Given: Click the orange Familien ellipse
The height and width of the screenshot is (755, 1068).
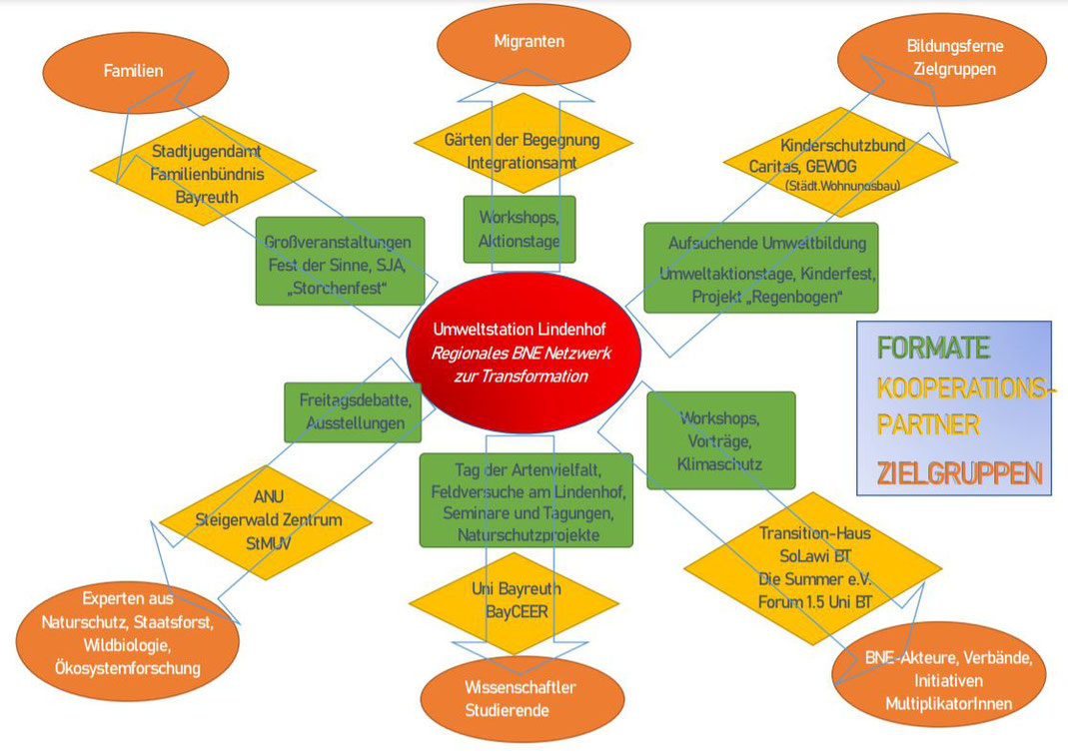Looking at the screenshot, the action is pyautogui.click(x=136, y=72).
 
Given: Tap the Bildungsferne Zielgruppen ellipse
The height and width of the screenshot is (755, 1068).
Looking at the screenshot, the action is pyautogui.click(x=942, y=59).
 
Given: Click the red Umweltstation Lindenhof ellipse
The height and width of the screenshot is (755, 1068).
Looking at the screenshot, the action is pyautogui.click(x=524, y=352).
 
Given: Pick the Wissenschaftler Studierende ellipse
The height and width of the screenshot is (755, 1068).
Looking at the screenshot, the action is pyautogui.click(x=523, y=698).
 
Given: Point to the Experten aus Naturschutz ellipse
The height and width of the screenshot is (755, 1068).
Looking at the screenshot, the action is pyautogui.click(x=127, y=640).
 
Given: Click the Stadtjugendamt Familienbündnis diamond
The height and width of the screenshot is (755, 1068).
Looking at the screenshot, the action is pyautogui.click(x=203, y=170).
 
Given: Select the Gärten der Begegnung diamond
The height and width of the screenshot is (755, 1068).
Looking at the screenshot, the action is pyautogui.click(x=524, y=143).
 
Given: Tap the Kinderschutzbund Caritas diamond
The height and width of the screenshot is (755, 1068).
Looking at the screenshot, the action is pyautogui.click(x=840, y=162).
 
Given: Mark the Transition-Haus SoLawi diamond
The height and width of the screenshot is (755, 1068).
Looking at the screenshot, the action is pyautogui.click(x=813, y=568).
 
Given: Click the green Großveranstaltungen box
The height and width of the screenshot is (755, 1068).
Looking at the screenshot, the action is pyautogui.click(x=340, y=262).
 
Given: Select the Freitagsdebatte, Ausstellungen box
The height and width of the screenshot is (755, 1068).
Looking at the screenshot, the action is pyautogui.click(x=353, y=411).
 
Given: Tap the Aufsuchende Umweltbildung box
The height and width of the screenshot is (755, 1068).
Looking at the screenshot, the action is pyautogui.click(x=761, y=268).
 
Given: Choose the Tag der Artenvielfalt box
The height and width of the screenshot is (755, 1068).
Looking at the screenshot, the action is pyautogui.click(x=526, y=500).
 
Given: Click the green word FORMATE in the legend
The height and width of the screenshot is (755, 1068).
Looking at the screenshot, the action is pyautogui.click(x=933, y=348).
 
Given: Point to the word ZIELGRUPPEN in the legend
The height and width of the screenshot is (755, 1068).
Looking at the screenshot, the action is pyautogui.click(x=959, y=473).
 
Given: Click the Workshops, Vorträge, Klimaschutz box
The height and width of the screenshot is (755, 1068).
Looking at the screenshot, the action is pyautogui.click(x=720, y=440).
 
